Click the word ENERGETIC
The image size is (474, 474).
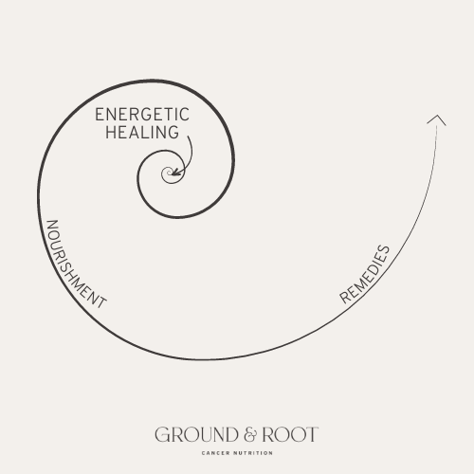pos(142,115)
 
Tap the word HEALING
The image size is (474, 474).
pos(142,132)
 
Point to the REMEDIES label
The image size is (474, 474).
pos(364,274)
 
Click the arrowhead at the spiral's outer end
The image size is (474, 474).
pos(437,119)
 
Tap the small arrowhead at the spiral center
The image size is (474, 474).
pos(175,172)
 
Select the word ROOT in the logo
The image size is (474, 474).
pos(290,434)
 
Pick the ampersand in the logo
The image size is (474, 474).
pos(250,434)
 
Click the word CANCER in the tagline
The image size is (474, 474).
pos(215,453)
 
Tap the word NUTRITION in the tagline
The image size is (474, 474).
pos(253,453)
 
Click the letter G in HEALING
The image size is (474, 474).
pos(173,132)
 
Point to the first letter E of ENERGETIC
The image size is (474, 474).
pos(100,115)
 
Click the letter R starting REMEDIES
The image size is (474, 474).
pos(345,298)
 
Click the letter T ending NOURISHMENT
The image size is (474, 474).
pos(101,302)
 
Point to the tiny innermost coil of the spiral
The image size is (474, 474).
pos(168,173)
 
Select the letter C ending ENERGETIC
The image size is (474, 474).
pos(184,115)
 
